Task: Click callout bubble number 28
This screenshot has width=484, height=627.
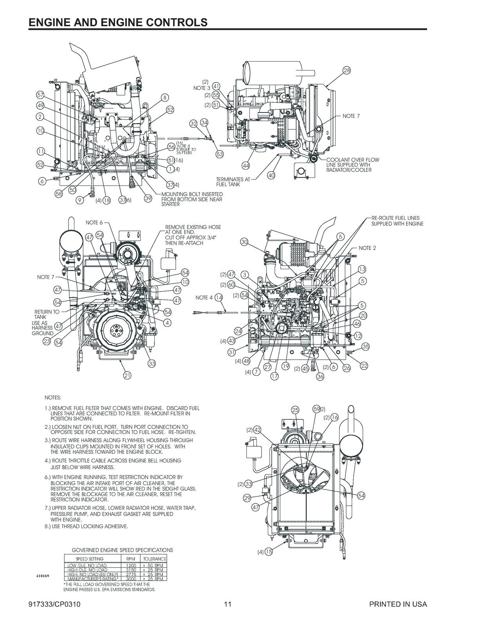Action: pos(347,71)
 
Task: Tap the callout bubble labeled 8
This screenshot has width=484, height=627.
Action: pos(165,98)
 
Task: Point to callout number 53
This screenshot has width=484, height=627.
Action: pos(220,154)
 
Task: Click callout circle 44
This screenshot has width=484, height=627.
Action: pos(246,166)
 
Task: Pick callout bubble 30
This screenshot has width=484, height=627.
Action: pos(245,242)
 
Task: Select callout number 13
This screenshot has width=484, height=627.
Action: pos(362,269)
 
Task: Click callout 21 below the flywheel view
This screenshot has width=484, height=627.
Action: pos(127,375)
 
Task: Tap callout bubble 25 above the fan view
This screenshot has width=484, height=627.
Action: pos(296,410)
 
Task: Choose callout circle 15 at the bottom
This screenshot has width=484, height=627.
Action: pos(269,552)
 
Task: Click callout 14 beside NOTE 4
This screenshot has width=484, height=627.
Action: pos(219,297)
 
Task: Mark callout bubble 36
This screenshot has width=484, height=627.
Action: pos(320,376)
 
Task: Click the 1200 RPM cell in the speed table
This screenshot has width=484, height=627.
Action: pos(131,565)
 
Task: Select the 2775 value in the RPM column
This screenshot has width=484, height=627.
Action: pos(131,574)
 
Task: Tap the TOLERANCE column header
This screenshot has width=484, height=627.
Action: pos(154,559)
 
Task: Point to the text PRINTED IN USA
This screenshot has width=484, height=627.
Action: pos(398,604)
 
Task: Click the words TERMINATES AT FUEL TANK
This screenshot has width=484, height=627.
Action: pos(233,181)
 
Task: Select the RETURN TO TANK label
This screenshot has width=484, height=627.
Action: pos(47,314)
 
